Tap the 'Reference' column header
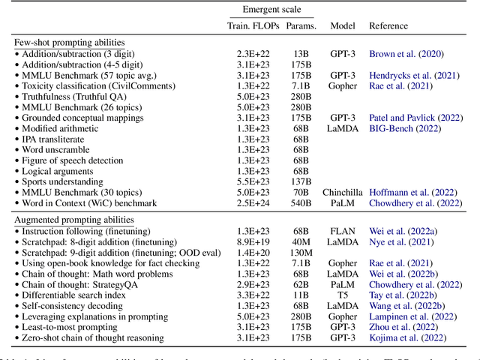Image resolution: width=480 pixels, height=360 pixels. (x=389, y=25)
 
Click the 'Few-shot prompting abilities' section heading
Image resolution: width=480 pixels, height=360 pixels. (x=69, y=42)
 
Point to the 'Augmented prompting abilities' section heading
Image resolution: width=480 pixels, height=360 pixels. (x=74, y=219)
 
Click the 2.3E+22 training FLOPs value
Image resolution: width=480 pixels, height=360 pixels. (x=250, y=53)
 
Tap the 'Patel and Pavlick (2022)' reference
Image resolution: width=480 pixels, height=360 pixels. (x=415, y=117)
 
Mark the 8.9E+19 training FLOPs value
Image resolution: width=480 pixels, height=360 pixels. (x=250, y=241)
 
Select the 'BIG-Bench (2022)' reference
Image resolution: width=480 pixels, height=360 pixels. (x=404, y=127)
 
